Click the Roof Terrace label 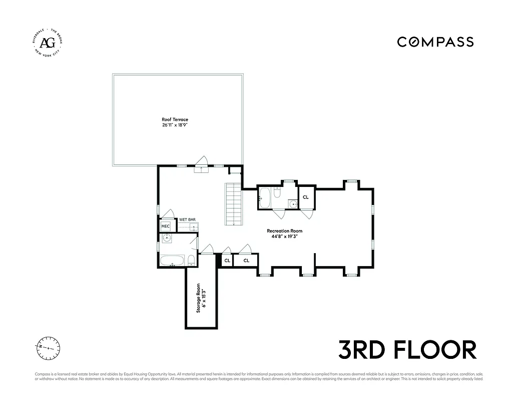click(175, 120)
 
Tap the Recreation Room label click(284, 231)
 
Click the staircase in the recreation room click(233, 204)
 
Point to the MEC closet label click(165, 227)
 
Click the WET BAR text click(187, 220)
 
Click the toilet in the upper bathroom click(278, 192)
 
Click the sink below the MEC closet click(166, 238)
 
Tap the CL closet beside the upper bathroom click(305, 197)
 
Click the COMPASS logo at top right click(435, 42)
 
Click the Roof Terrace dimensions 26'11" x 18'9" click(175, 125)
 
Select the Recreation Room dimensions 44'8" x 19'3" click(284, 237)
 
